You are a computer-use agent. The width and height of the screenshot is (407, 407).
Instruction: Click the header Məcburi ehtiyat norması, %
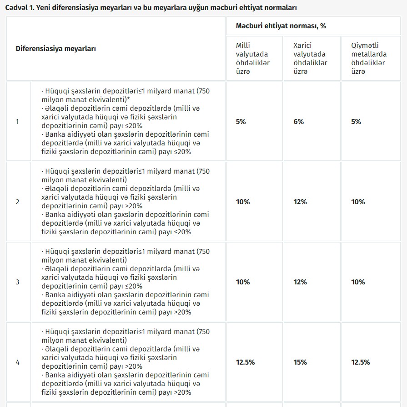coord(281,26)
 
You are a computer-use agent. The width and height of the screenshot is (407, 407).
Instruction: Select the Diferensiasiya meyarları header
coord(56,49)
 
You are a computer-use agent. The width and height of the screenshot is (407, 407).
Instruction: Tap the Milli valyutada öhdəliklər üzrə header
coord(253,58)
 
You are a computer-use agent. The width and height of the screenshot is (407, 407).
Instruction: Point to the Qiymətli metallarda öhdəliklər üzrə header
coord(369,58)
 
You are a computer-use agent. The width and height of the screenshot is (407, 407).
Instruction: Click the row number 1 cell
coord(18,122)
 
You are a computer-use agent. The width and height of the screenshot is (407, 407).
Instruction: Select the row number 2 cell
coord(18,202)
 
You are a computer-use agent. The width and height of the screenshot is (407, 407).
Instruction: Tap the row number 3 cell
coord(18,282)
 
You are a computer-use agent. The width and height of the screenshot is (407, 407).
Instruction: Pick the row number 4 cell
coord(18,362)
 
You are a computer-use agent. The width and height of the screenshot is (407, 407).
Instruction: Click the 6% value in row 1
coord(299,122)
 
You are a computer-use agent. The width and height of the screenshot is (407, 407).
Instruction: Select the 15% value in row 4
coord(300,362)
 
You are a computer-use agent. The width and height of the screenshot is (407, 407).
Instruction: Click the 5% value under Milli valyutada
coord(241,122)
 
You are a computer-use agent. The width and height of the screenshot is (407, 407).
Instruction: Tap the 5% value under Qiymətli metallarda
coord(356,122)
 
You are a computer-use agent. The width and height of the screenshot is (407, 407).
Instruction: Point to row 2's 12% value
coord(300,202)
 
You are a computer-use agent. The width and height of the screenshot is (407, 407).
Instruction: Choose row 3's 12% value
coord(300,282)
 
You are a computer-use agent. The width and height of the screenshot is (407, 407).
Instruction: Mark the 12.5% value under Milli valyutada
coord(245,362)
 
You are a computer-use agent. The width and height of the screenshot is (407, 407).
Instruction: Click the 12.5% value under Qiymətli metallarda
coord(361,362)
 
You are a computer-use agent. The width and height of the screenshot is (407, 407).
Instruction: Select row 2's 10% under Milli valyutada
coord(243,202)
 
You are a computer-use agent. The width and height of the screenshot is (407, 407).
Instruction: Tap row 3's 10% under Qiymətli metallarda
coord(358,282)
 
